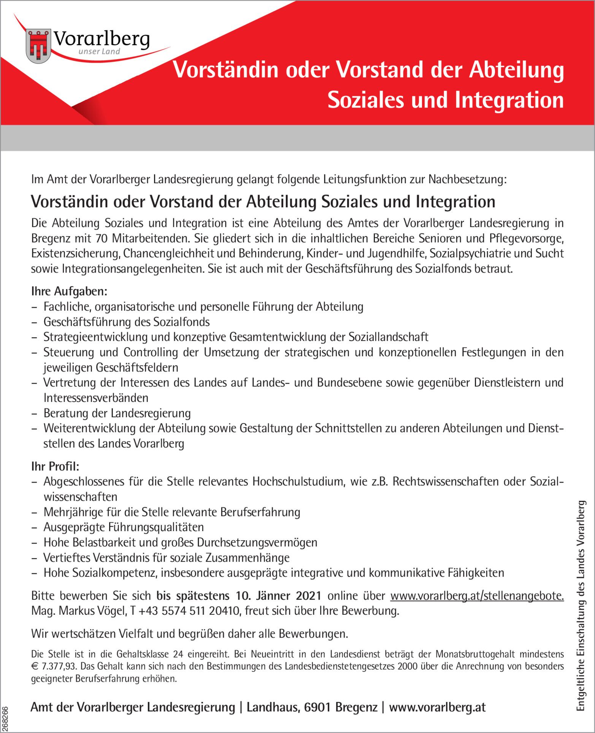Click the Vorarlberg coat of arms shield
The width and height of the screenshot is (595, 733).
pyautogui.click(x=38, y=46)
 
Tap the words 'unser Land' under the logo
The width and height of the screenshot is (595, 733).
pyautogui.click(x=99, y=52)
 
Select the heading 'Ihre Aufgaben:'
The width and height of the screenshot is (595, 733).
pyautogui.click(x=69, y=292)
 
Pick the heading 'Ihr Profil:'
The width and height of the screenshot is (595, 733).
pyautogui.click(x=55, y=466)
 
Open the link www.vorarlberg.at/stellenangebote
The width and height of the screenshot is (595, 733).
pyautogui.click(x=477, y=596)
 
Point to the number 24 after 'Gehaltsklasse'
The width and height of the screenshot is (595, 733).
pyautogui.click(x=178, y=654)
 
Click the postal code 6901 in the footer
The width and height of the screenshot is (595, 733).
pyautogui.click(x=318, y=707)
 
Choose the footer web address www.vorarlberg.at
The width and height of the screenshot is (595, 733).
pyautogui.click(x=437, y=707)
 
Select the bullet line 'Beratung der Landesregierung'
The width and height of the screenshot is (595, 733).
pyautogui.click(x=117, y=413)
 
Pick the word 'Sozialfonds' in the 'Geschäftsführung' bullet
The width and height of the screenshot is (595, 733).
pyautogui.click(x=181, y=322)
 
